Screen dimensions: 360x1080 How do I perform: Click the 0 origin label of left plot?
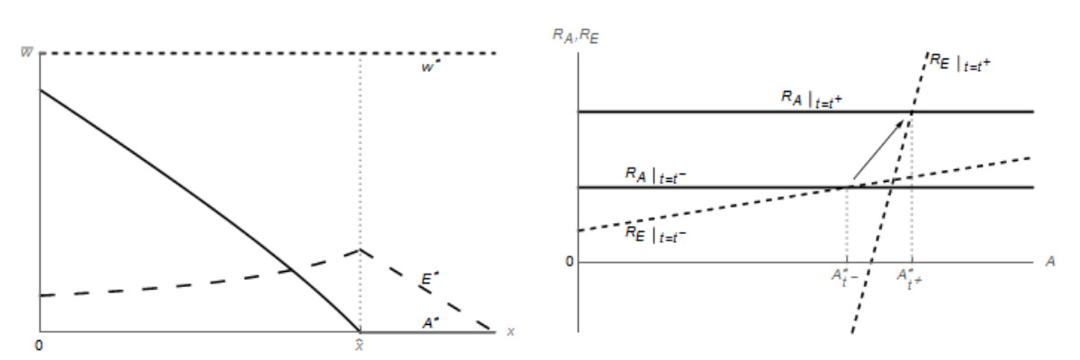[39, 345]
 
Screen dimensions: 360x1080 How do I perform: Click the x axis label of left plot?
[510, 331]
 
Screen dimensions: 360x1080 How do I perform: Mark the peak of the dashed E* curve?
[360, 249]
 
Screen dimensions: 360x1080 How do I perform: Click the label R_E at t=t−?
[660, 231]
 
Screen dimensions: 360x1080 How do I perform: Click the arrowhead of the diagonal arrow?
[906, 118]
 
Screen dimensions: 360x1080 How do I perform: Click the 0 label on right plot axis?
[568, 262]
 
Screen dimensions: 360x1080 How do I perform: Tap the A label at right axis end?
[1050, 261]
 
